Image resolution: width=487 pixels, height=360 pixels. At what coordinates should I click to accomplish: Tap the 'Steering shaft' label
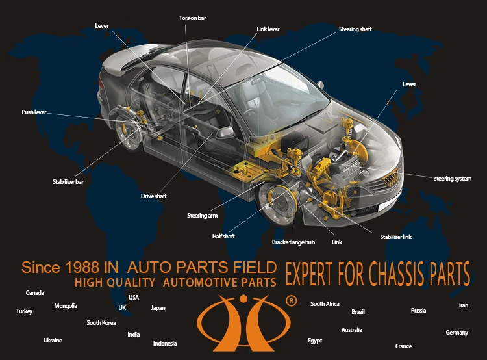355,29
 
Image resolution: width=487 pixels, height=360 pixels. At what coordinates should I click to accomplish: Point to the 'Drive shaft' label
154,196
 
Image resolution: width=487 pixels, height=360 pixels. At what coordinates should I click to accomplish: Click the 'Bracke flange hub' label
293,242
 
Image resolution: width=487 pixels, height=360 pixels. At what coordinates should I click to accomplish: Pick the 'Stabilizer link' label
395,237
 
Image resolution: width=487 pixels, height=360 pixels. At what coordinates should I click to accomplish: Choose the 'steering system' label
453,178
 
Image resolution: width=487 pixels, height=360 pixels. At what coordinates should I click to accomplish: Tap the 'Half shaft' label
223,236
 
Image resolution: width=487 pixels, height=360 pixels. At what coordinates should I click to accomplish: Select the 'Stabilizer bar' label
68,182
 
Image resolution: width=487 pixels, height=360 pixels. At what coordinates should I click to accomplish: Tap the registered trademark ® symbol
291,301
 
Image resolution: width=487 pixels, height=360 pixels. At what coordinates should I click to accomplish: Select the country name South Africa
325,304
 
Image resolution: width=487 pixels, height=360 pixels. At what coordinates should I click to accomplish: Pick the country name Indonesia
165,343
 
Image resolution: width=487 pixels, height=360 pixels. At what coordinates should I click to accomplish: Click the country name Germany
456,333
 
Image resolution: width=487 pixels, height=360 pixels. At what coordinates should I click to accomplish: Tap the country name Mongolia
66,306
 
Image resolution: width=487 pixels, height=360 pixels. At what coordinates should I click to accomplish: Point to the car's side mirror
225,132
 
